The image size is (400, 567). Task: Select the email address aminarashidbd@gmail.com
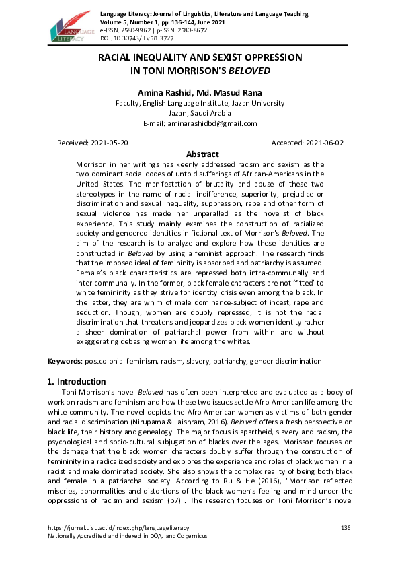(214, 123)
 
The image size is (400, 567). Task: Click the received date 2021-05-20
(109, 143)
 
